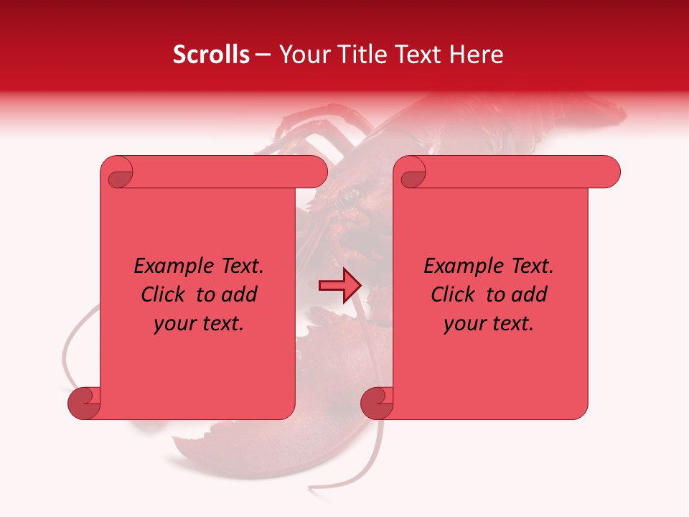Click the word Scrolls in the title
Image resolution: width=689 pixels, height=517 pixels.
click(x=211, y=55)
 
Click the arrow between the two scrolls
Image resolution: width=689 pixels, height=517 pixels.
click(x=339, y=286)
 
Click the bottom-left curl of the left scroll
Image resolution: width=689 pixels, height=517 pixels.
click(x=84, y=404)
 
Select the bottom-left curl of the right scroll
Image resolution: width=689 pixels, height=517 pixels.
click(x=377, y=404)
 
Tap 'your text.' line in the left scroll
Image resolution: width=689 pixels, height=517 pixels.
click(x=199, y=324)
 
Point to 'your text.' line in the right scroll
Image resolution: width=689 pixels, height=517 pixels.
click(x=489, y=324)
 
